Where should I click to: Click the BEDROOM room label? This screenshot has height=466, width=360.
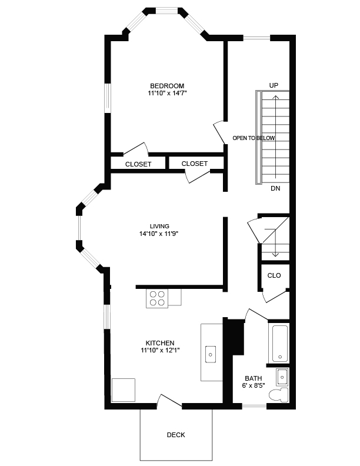[x=166, y=86]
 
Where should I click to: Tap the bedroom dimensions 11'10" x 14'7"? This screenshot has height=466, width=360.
[x=167, y=94]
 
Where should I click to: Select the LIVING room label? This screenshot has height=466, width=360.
[x=159, y=226]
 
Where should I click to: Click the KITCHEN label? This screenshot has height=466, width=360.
[x=160, y=343]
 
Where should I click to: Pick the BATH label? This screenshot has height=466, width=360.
[x=254, y=378]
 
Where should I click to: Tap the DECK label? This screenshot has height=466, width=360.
[x=176, y=435]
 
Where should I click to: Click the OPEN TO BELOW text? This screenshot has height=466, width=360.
[x=254, y=138]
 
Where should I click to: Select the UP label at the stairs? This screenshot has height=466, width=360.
[x=274, y=85]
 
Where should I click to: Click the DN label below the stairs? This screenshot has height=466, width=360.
[x=275, y=189]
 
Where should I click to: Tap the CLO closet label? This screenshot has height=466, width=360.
[x=274, y=275]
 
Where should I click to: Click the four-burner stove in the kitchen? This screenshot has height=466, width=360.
[x=157, y=298]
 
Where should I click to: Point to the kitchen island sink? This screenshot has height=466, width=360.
[x=211, y=354]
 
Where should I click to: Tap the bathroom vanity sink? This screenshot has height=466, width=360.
[x=282, y=375]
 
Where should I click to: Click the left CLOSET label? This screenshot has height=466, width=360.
[x=138, y=164]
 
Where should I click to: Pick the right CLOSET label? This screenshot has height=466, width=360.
[x=195, y=164]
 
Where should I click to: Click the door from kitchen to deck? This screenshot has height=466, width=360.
[x=169, y=401]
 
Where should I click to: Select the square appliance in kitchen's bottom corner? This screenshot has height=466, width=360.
[x=124, y=390]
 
